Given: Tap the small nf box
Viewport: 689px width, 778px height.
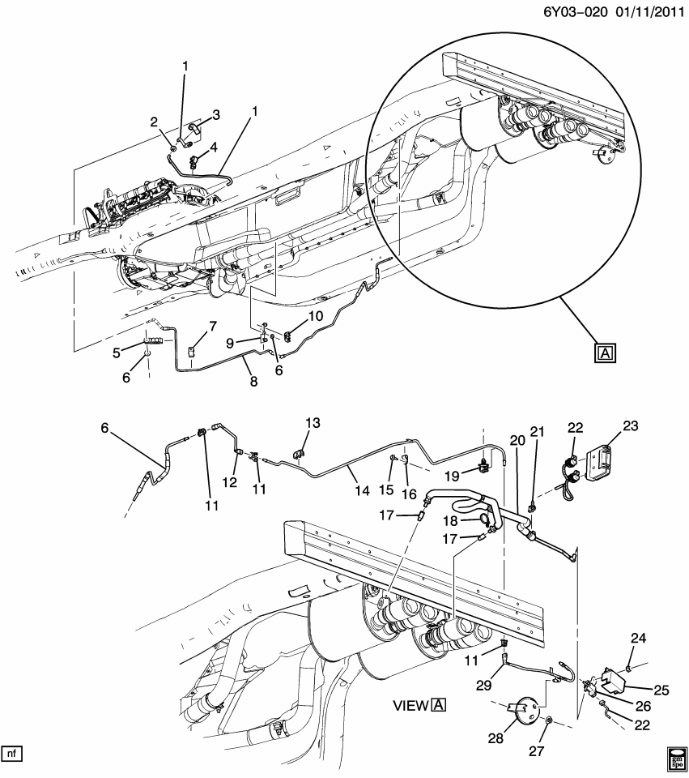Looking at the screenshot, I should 11,754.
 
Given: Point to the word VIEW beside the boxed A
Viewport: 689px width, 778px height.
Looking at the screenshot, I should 410,705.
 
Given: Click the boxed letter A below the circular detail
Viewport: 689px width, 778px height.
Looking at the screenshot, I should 605,352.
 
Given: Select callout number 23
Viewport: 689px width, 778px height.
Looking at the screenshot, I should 631,425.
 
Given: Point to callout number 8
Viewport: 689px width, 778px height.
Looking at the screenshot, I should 253,381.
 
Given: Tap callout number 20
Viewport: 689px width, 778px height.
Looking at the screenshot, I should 517,440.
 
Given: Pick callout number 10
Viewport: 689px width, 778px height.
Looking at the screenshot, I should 315,315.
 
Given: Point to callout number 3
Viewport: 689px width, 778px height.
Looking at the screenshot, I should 215,114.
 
